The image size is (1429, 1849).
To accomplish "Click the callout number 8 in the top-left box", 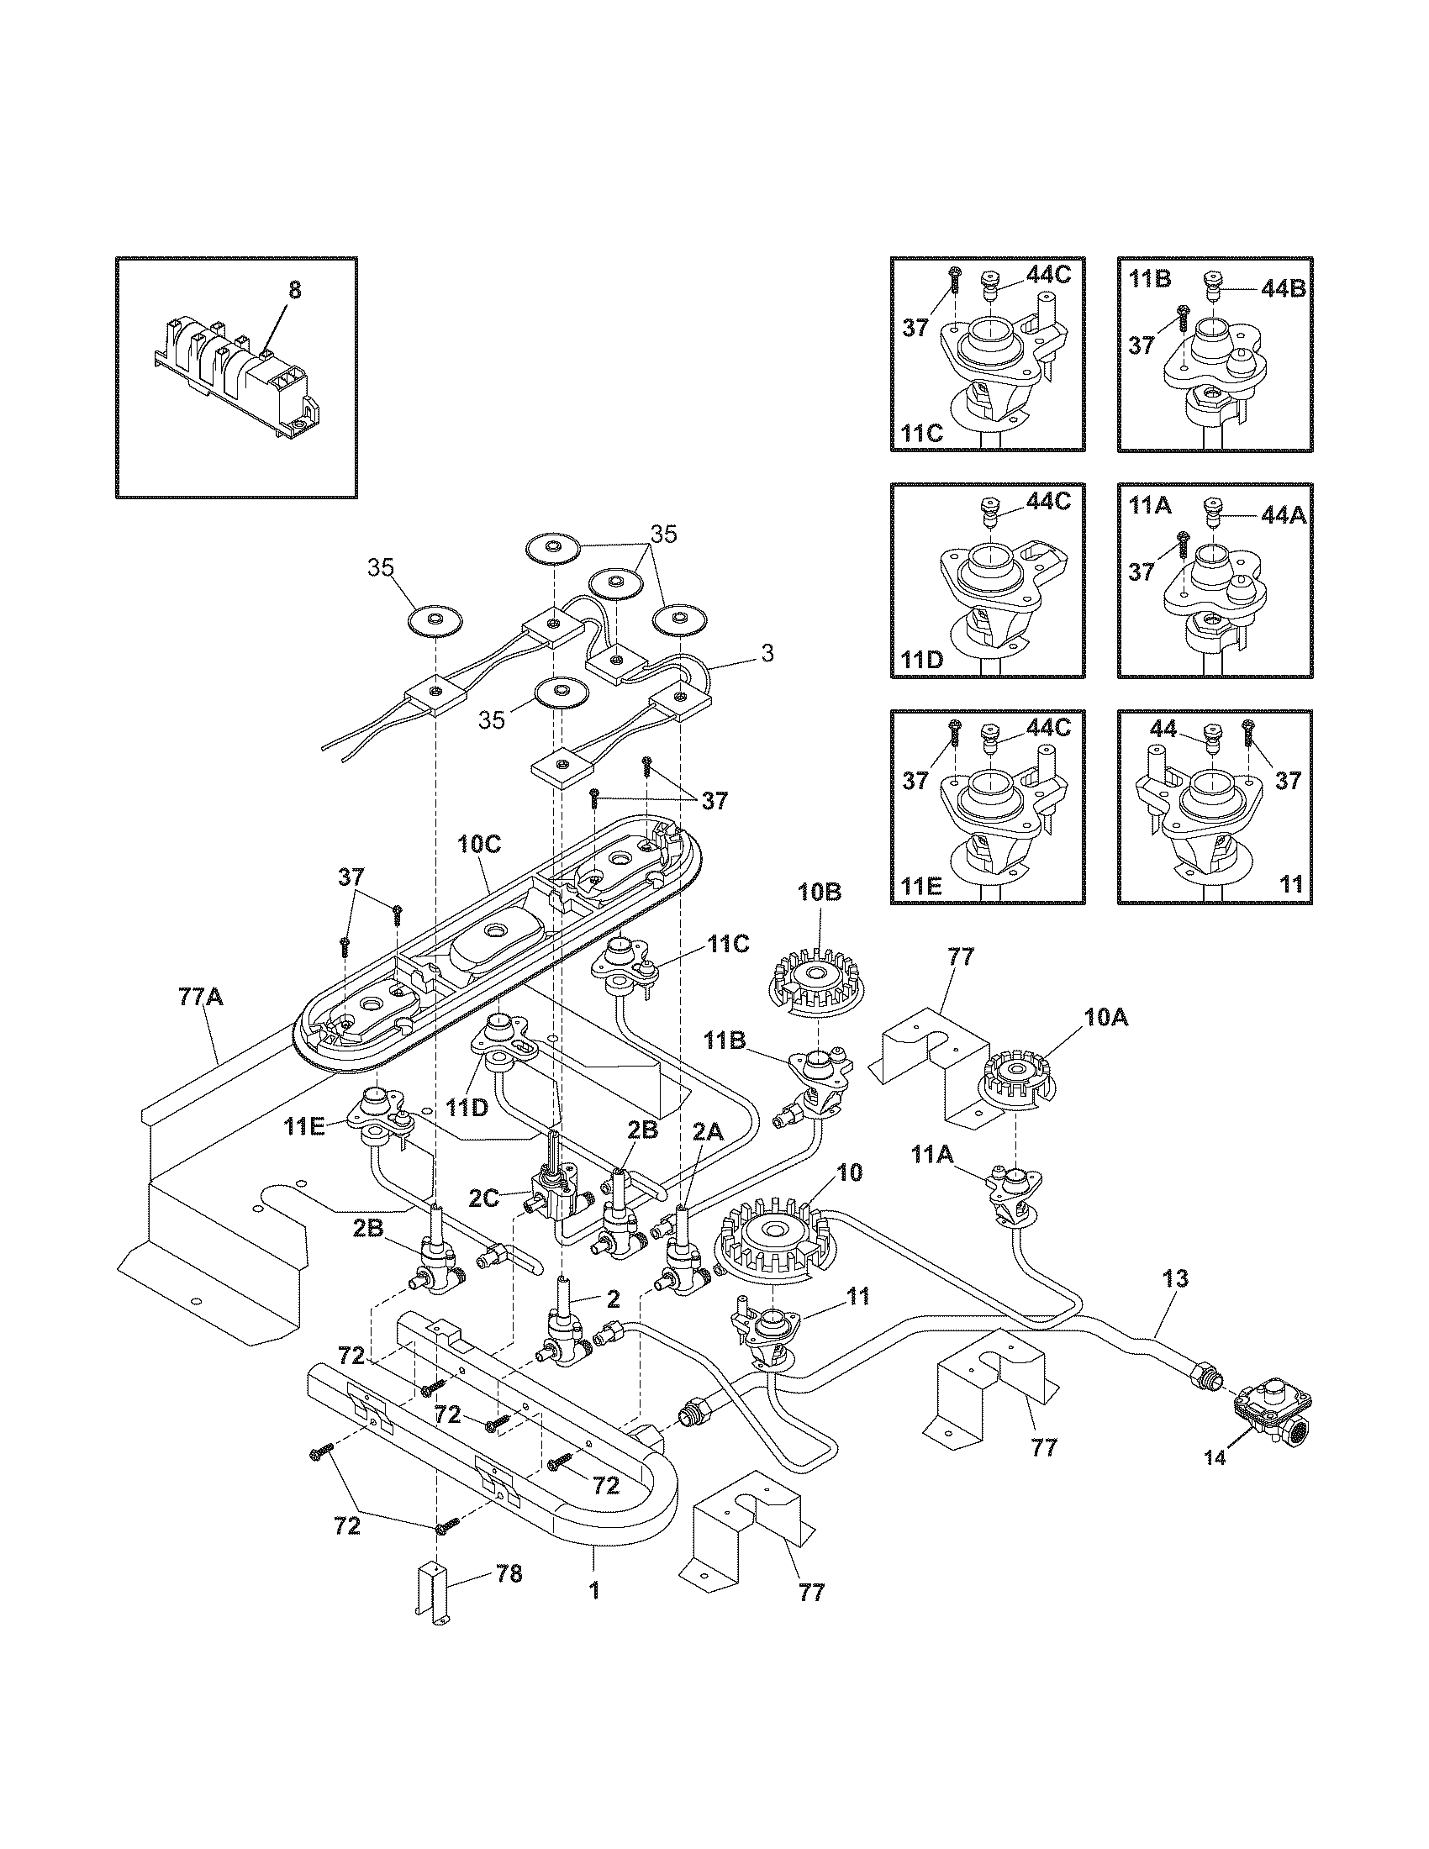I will (x=293, y=291).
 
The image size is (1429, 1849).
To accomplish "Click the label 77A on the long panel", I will (x=201, y=998).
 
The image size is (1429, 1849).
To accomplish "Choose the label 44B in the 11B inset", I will (x=1283, y=288).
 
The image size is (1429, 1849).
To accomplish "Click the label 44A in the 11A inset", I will (x=1283, y=514).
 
